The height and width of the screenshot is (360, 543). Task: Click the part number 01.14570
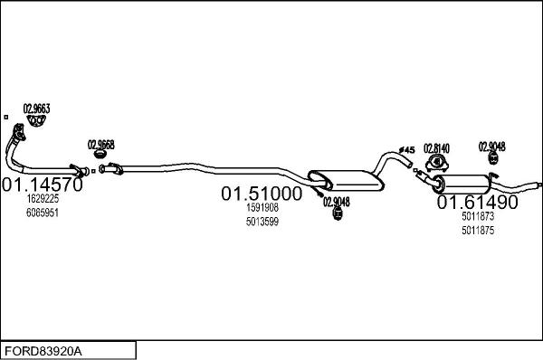(x=43, y=185)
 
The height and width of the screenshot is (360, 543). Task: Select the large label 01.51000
(x=262, y=194)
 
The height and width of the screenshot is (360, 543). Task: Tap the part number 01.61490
(x=478, y=203)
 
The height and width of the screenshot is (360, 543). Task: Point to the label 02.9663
(x=36, y=109)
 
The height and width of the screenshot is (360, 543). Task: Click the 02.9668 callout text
(x=100, y=144)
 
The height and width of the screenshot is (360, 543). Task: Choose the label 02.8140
(x=437, y=147)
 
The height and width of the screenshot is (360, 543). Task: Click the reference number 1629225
(x=43, y=199)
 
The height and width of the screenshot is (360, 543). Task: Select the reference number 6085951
(x=43, y=213)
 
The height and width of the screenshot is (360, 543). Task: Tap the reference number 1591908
(x=262, y=208)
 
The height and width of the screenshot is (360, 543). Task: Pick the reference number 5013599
(x=262, y=222)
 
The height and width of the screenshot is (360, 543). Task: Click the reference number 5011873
(x=477, y=217)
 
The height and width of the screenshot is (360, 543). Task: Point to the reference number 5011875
(x=477, y=231)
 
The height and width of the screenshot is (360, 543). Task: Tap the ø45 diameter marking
(x=406, y=149)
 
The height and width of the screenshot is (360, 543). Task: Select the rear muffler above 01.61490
(x=462, y=183)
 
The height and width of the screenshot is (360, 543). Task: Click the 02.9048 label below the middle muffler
(x=336, y=203)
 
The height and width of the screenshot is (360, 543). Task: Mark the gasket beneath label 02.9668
(x=101, y=155)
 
